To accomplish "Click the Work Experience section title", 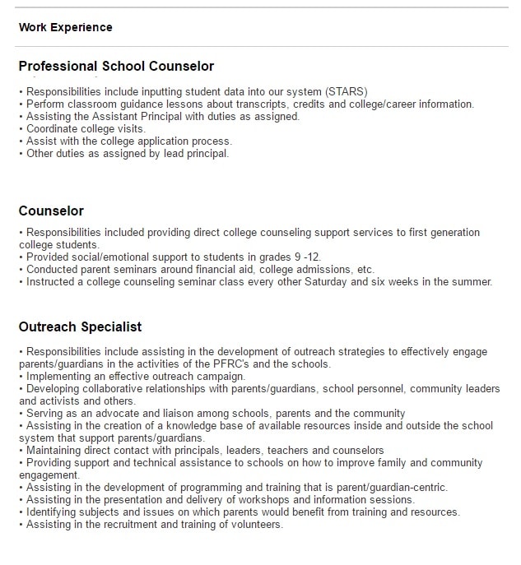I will tap(65, 27).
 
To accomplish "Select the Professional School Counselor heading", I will tap(116, 67).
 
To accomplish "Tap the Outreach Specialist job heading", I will tap(80, 327).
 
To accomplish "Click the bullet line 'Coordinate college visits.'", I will tap(85, 128).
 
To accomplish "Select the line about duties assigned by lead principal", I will tap(127, 153).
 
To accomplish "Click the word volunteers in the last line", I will tap(255, 524).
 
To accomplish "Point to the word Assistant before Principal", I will tap(111, 116).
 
